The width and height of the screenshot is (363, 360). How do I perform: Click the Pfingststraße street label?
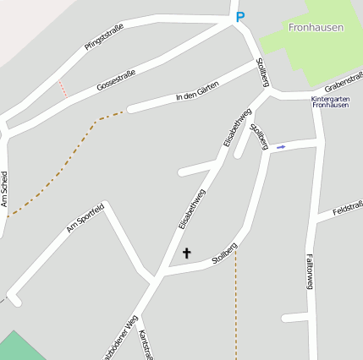(x=104, y=37)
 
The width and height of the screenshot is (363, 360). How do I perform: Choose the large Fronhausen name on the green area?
(x=316, y=28)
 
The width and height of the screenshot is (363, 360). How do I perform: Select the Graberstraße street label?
(x=344, y=83)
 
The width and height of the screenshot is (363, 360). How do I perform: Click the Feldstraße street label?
(x=348, y=208)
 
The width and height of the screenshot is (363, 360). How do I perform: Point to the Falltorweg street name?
(x=309, y=272)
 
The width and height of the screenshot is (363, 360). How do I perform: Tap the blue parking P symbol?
(x=239, y=16)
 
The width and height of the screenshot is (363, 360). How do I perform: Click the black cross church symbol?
(x=186, y=252)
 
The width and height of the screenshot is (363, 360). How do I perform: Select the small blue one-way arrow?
(x=281, y=147)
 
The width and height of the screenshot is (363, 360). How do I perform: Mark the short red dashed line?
(x=62, y=88)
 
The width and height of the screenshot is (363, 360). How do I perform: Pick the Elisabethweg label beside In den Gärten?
(x=238, y=128)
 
